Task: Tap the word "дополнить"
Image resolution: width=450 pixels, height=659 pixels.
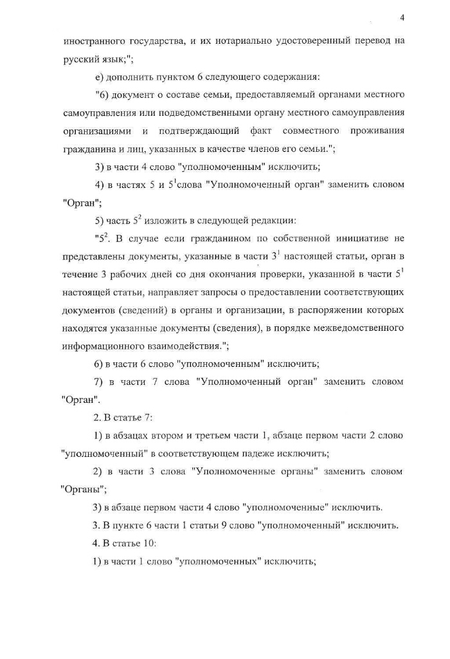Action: click(x=128, y=77)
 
